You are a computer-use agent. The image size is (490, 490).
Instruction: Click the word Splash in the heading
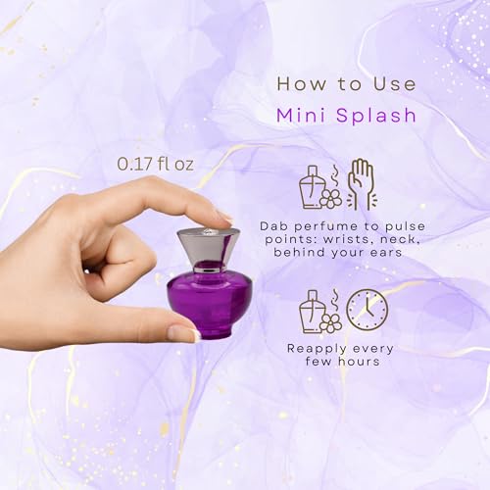tap(376, 116)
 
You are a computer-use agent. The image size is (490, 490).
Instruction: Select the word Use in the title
tap(395, 84)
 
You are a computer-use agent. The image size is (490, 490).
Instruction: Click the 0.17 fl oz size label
tap(155, 164)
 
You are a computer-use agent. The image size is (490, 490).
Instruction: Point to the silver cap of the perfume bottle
tap(208, 248)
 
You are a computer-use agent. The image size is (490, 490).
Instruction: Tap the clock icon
tap(367, 309)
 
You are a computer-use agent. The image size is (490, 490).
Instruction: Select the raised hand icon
tap(361, 184)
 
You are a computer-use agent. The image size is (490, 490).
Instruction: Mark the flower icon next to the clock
tap(330, 322)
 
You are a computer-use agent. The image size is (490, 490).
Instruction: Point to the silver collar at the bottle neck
tap(207, 269)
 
